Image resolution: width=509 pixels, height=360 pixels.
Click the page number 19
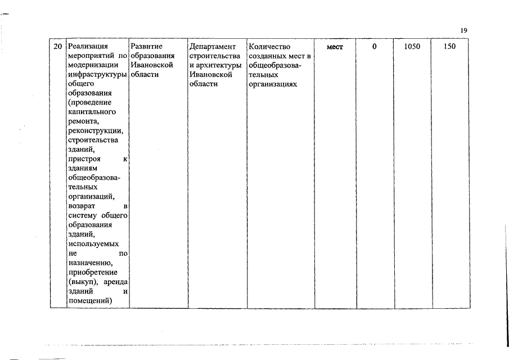point(463,30)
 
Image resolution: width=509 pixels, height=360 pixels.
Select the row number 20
point(56,47)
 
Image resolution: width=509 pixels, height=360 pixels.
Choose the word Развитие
point(146,47)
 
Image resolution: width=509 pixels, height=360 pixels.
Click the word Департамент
point(213,47)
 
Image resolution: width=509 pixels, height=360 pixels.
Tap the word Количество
point(268,47)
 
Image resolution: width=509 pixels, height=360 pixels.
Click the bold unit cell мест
point(334,47)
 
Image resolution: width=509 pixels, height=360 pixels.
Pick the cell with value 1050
point(412,47)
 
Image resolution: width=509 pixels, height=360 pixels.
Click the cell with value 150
point(449,47)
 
